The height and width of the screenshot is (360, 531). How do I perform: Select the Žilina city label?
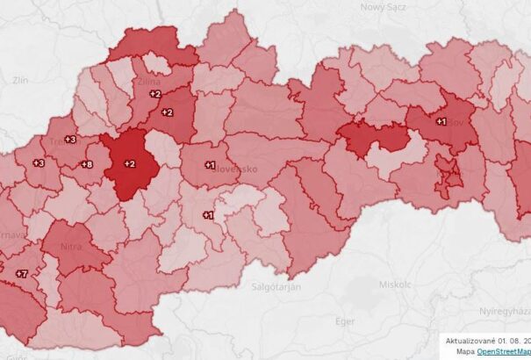(148, 82)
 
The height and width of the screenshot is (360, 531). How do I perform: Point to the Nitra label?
(72, 248)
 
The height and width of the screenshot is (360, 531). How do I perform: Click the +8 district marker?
(87, 164)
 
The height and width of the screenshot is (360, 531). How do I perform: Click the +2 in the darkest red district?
(129, 163)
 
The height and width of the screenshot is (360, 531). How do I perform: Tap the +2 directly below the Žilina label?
(155, 93)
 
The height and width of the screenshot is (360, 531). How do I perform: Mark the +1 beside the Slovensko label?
(210, 164)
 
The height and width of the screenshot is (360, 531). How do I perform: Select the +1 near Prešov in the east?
(441, 121)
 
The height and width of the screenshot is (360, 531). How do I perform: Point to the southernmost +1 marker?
(208, 214)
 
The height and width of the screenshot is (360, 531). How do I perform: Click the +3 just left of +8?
(39, 163)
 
